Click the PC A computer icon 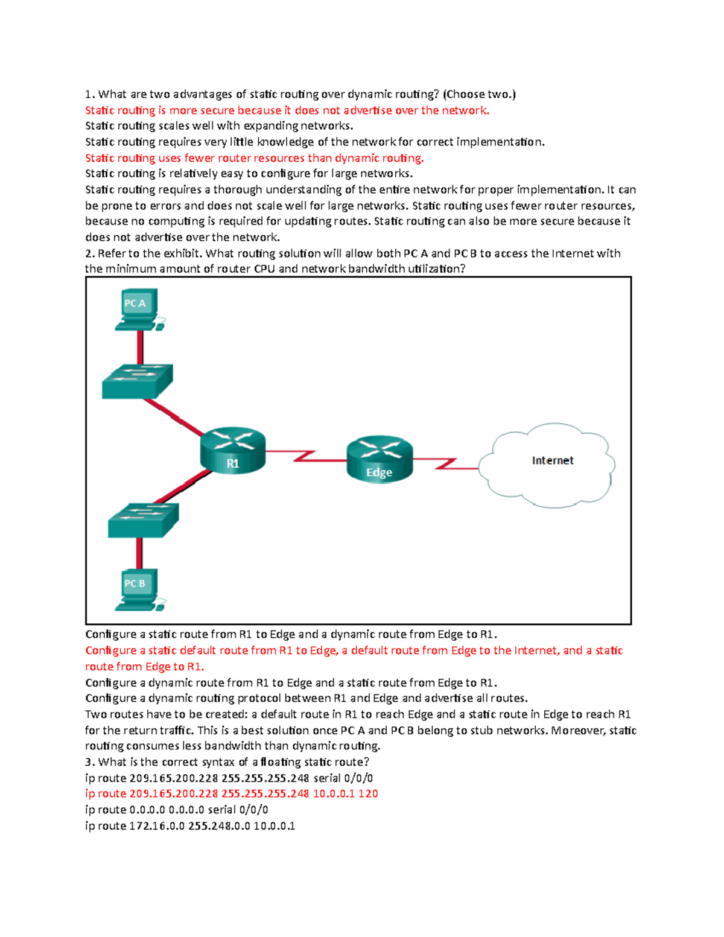click(x=138, y=308)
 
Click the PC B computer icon click(x=138, y=588)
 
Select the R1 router click(x=233, y=450)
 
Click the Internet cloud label click(x=552, y=460)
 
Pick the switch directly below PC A click(x=138, y=381)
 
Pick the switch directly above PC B click(x=143, y=520)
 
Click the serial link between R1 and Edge click(x=305, y=455)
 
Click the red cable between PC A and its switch click(x=140, y=347)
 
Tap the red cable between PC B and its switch click(x=139, y=553)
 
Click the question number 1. click(x=89, y=94)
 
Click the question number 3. click(x=89, y=762)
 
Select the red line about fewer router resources click(x=254, y=158)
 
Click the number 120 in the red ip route click(x=368, y=793)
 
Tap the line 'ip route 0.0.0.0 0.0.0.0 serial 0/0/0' click(x=176, y=810)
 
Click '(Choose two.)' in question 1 click(x=479, y=94)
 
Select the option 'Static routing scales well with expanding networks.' click(x=218, y=126)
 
